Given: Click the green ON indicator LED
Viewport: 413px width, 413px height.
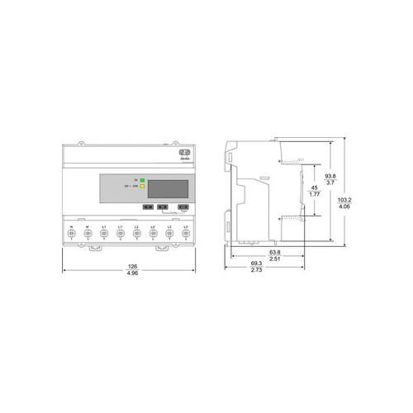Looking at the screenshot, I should pos(142,179).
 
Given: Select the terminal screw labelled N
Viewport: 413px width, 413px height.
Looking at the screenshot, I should pos(72,234).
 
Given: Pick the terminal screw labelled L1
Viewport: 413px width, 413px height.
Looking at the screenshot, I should pos(104,234).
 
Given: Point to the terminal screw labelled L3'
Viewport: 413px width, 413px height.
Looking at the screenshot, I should pos(186,234).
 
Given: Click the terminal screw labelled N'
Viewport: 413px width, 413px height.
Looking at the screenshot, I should pos(88,234).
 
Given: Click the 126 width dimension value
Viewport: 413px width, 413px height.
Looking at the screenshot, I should pos(129,266).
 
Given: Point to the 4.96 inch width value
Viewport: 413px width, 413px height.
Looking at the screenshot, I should pos(129,273).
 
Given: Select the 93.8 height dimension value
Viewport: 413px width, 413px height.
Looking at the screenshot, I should pos(329,176).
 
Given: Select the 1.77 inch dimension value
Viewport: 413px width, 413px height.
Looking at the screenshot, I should pos(314,196).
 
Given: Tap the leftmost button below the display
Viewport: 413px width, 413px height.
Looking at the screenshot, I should pos(147,208).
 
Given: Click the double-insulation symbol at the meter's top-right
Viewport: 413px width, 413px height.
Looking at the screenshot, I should pos(185,153).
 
